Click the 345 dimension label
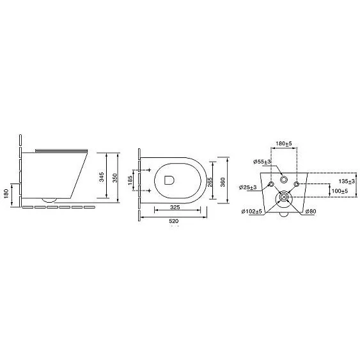pyautogui.click(x=102, y=177)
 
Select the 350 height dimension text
pyautogui.click(x=115, y=178)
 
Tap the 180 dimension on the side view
pyautogui.click(x=6, y=194)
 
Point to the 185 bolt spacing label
pyautogui.click(x=130, y=180)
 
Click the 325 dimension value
pyautogui.click(x=175, y=207)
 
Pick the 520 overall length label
pyautogui.click(x=173, y=221)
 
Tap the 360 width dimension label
pyautogui.click(x=223, y=182)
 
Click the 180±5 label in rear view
pyautogui.click(x=284, y=144)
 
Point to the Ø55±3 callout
pyautogui.click(x=262, y=162)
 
